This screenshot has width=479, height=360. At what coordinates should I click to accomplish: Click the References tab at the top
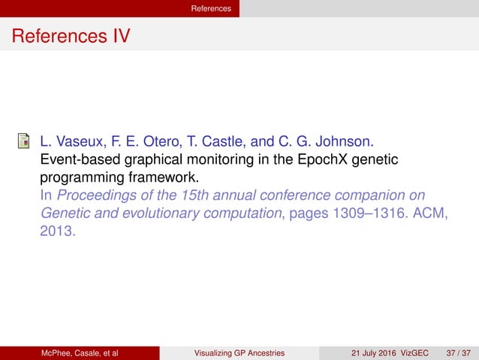pos(210,8)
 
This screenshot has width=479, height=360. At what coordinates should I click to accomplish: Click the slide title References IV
pos(71,36)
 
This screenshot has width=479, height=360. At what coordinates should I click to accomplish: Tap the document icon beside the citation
pos(25,142)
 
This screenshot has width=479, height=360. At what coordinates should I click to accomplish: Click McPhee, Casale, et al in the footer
pos(80,352)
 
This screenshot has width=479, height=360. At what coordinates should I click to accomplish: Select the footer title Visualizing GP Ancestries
pos(239,352)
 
